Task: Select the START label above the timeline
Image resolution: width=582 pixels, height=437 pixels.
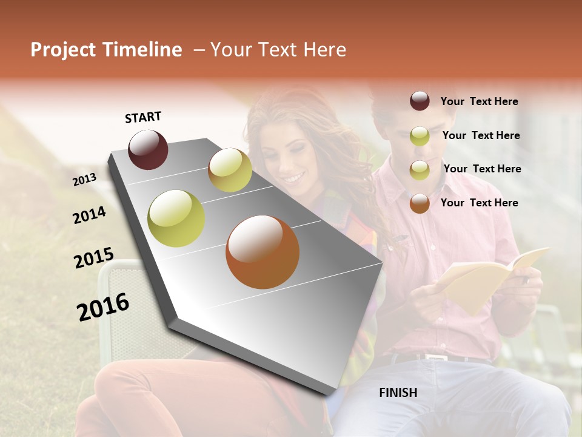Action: pos(143,117)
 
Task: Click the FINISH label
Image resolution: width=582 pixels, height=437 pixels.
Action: pos(398,393)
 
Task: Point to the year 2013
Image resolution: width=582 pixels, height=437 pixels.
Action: pos(85,179)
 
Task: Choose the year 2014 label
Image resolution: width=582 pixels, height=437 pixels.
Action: pos(89,215)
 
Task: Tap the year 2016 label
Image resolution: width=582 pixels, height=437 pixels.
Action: pos(103,307)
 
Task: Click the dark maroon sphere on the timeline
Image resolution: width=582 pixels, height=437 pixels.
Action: pos(148,149)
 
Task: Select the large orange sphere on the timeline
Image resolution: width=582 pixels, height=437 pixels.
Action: pos(262,252)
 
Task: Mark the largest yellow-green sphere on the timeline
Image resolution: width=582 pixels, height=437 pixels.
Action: pos(176,218)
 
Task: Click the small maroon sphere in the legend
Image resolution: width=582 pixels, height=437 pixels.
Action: pos(420,101)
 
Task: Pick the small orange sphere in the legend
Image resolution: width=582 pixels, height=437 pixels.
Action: pos(420,203)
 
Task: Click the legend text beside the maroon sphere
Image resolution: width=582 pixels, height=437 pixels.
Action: pos(479,101)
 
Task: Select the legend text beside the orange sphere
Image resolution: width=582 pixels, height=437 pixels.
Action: pos(479,203)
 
